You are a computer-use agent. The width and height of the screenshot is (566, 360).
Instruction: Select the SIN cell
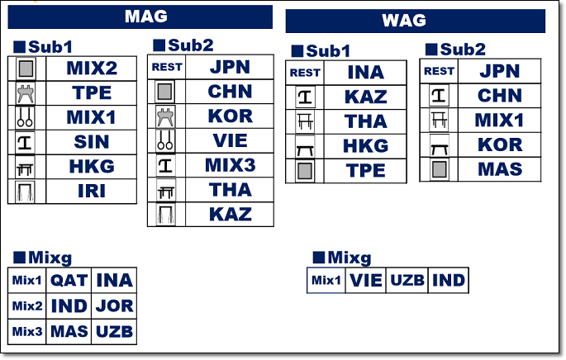92,141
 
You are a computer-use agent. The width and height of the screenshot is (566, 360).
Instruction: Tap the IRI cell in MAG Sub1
92,191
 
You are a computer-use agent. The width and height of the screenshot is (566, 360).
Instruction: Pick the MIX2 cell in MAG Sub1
92,68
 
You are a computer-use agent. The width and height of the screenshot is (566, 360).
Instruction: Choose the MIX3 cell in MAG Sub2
230,165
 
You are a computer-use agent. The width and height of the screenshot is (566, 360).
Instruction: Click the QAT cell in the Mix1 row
69,281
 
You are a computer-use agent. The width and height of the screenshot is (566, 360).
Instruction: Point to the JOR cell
114,306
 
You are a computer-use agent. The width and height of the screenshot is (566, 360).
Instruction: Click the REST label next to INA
305,73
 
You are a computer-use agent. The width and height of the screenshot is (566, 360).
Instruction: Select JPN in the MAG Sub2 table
230,68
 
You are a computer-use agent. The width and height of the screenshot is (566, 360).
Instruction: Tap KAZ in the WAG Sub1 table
366,97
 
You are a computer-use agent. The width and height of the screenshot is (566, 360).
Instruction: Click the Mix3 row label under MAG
26,332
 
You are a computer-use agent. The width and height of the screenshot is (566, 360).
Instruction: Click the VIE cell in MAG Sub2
230,140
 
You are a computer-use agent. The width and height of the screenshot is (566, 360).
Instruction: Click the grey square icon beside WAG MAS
438,169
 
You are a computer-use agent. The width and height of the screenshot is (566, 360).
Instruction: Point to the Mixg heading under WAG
342,258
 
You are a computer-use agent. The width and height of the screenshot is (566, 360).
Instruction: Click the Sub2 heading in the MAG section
183,45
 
